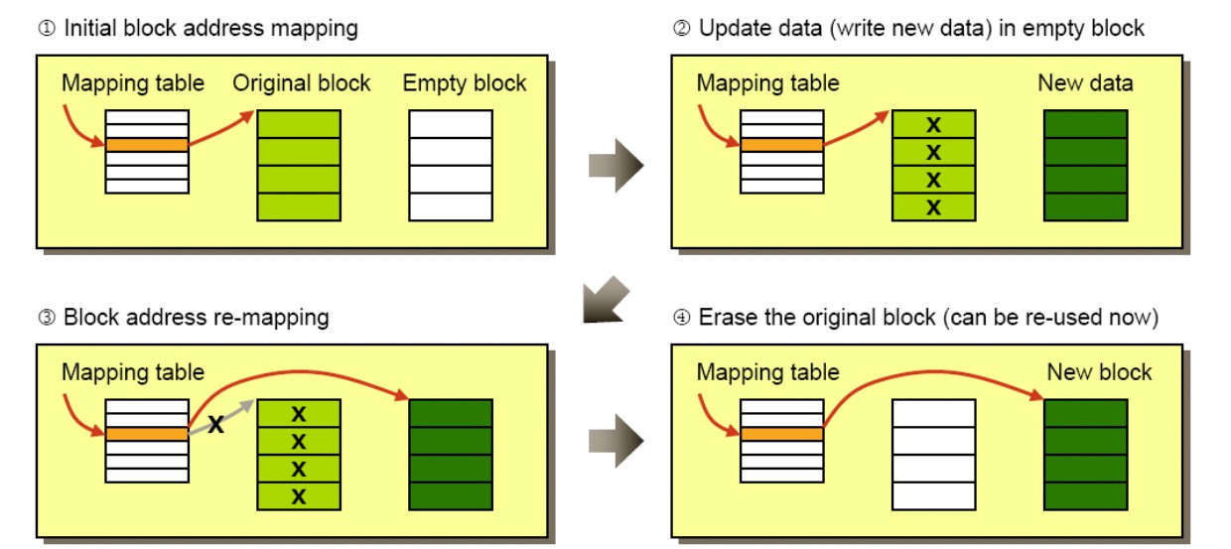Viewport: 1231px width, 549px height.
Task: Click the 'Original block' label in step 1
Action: (x=301, y=83)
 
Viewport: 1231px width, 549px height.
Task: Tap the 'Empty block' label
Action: (x=465, y=83)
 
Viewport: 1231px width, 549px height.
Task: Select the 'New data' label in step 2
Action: (x=1085, y=83)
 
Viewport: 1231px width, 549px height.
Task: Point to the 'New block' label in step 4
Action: (x=1099, y=372)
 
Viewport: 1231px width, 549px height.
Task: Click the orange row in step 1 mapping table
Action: (x=147, y=145)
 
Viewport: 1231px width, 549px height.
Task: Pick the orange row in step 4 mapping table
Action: (x=782, y=434)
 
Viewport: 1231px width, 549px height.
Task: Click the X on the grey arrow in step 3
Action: (x=216, y=424)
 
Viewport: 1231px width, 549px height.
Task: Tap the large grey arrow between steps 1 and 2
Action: (x=615, y=166)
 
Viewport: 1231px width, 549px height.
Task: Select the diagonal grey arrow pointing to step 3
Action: (x=605, y=300)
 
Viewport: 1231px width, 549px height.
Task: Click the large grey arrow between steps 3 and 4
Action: (x=615, y=441)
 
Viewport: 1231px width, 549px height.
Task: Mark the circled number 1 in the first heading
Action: (x=47, y=28)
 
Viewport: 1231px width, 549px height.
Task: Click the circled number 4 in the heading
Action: (x=681, y=317)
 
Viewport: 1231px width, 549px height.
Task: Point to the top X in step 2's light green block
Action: (x=933, y=125)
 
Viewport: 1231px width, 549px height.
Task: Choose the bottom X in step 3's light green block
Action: (x=299, y=496)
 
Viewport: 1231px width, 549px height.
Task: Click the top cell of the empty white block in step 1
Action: (x=451, y=124)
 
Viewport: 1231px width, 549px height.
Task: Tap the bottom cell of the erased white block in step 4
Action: (x=934, y=496)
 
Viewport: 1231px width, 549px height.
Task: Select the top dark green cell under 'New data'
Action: (x=1085, y=124)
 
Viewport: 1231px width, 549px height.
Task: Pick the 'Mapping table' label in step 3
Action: (x=133, y=372)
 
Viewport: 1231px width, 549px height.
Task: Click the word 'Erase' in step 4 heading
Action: (x=728, y=318)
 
